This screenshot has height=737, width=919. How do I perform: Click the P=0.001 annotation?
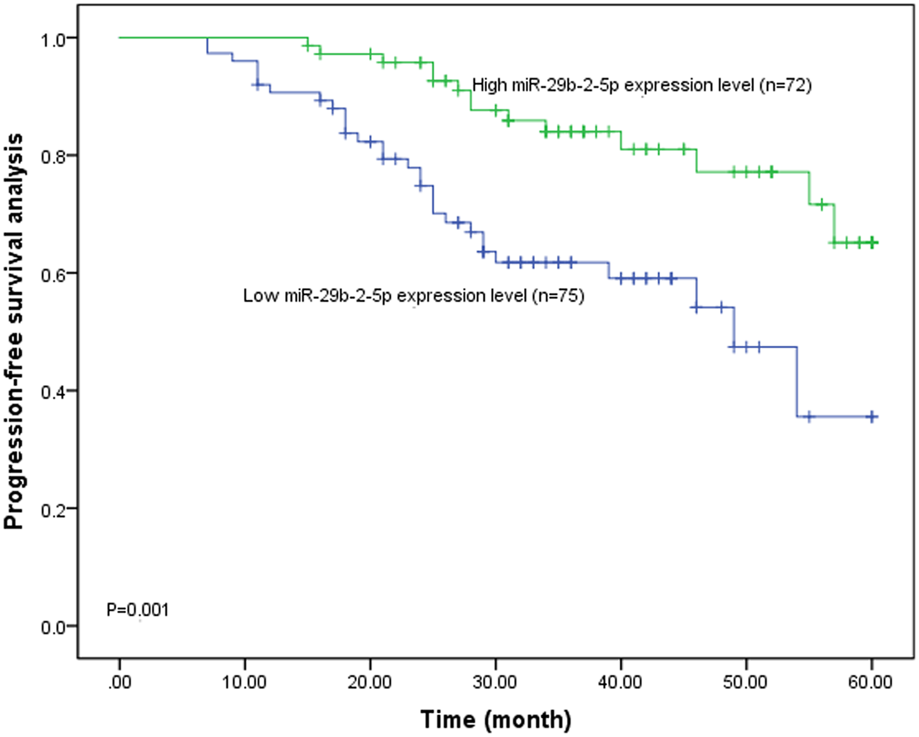coord(138,610)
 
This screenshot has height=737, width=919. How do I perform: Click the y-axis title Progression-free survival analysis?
coord(14,332)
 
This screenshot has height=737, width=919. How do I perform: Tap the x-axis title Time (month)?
coord(496,720)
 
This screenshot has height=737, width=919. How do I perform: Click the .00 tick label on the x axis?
coord(120,683)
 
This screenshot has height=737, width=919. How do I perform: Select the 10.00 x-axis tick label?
coord(245,683)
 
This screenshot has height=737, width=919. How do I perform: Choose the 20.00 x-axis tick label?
coord(370,683)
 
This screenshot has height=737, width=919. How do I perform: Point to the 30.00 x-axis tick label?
coord(495,683)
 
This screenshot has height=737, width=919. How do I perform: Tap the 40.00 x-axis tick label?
coord(621,683)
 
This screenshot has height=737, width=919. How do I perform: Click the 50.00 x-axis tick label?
coord(745,683)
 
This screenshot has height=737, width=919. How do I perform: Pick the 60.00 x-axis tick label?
coord(871,683)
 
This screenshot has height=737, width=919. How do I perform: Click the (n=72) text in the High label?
coord(785,86)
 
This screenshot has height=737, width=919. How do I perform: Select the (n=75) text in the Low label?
coord(558,296)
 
